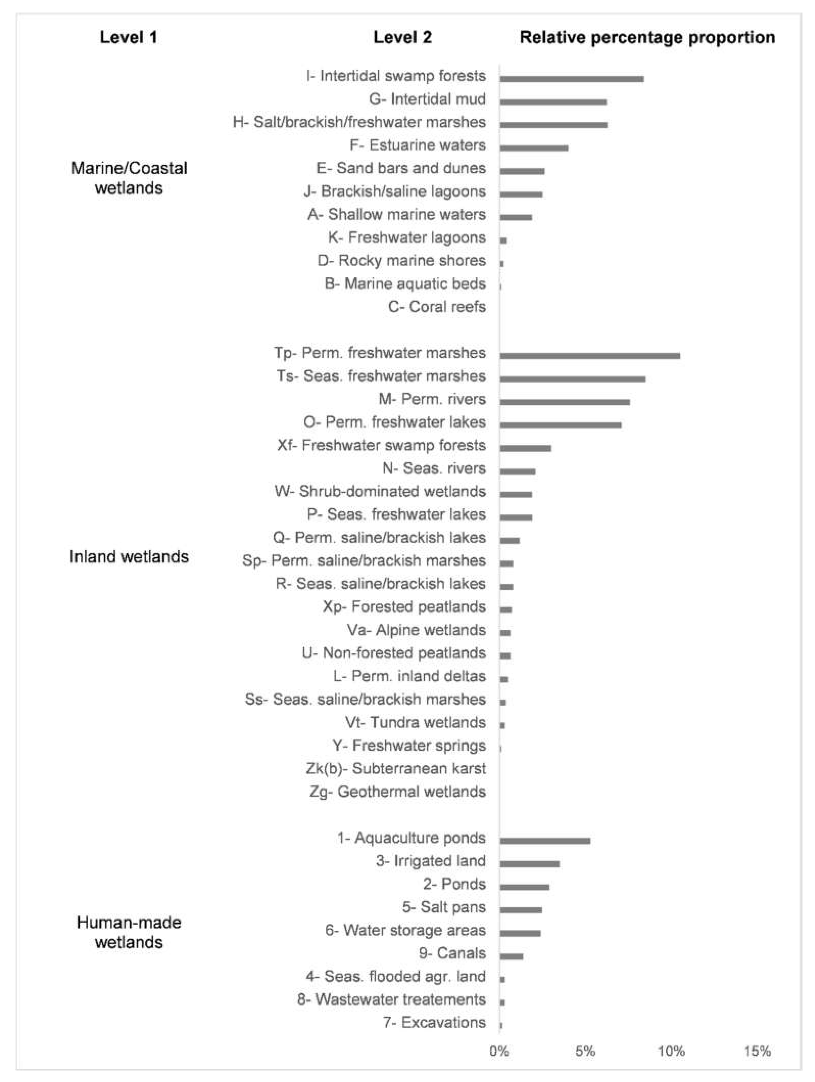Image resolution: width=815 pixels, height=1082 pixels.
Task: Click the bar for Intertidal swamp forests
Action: click(571, 79)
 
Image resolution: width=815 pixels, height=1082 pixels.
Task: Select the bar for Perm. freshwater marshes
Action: click(589, 356)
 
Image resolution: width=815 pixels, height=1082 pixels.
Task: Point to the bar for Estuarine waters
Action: click(533, 148)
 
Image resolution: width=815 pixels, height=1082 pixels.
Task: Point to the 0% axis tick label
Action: click(499, 1051)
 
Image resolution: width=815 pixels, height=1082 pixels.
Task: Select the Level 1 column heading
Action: click(129, 38)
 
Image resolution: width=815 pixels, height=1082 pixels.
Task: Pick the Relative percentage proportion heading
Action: click(647, 38)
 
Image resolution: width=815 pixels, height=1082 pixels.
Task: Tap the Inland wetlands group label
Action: click(129, 557)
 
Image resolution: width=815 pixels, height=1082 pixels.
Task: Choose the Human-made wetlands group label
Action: click(129, 932)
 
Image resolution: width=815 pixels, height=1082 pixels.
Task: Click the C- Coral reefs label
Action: click(436, 307)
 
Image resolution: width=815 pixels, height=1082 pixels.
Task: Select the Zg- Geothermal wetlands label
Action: click(397, 791)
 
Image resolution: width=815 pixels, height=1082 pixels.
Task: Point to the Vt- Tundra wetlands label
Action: click(415, 722)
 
